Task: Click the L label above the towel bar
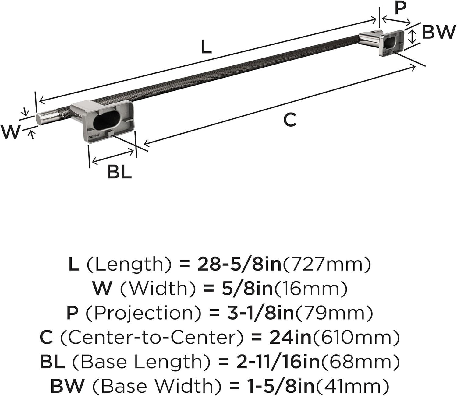pyautogui.click(x=206, y=47)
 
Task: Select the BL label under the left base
pyautogui.click(x=119, y=172)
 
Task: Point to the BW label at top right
pyautogui.click(x=439, y=32)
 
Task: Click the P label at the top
pyautogui.click(x=400, y=8)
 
